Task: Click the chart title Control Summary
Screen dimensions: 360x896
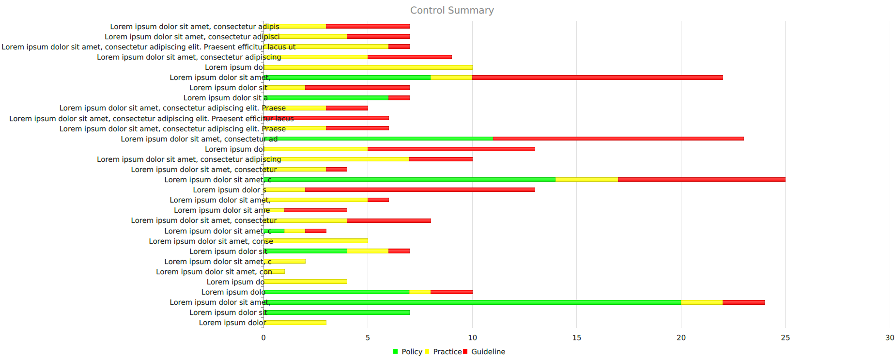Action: pos(451,10)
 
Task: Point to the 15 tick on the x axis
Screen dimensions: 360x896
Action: pos(576,338)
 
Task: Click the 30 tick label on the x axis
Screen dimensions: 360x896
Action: pos(889,338)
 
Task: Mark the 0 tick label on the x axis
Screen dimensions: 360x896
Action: pos(263,338)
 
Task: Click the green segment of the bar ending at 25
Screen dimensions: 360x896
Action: pos(409,180)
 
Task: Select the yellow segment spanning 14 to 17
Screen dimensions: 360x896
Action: pos(587,180)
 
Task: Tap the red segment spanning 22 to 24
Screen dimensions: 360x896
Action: pos(743,302)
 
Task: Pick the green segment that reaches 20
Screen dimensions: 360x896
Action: pos(472,302)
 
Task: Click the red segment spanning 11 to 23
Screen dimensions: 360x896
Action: pos(618,139)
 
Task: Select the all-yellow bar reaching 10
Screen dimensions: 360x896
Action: pos(368,67)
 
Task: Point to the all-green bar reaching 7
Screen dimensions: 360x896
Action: pos(337,313)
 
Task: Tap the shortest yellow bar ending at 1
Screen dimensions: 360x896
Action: pos(274,272)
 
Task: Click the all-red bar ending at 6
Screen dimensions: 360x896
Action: pos(326,118)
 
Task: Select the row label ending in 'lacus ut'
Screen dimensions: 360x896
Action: pos(148,47)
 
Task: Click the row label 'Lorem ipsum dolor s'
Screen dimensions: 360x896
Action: pos(230,190)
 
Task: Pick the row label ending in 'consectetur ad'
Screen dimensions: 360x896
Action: pos(199,139)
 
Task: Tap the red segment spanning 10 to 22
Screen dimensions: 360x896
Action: pos(597,78)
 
